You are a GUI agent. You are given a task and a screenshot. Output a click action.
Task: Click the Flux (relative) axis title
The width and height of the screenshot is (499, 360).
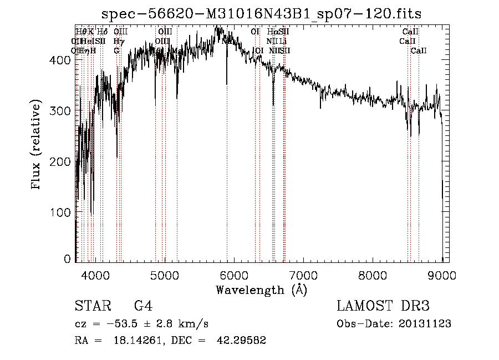pos(37,145)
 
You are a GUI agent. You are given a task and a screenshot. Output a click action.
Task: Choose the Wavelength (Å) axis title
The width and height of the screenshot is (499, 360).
pos(261,290)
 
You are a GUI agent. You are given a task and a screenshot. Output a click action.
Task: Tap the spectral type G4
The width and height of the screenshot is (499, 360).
pos(143,306)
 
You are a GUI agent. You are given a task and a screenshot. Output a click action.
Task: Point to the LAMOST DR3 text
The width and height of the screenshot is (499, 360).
pos(383,306)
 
